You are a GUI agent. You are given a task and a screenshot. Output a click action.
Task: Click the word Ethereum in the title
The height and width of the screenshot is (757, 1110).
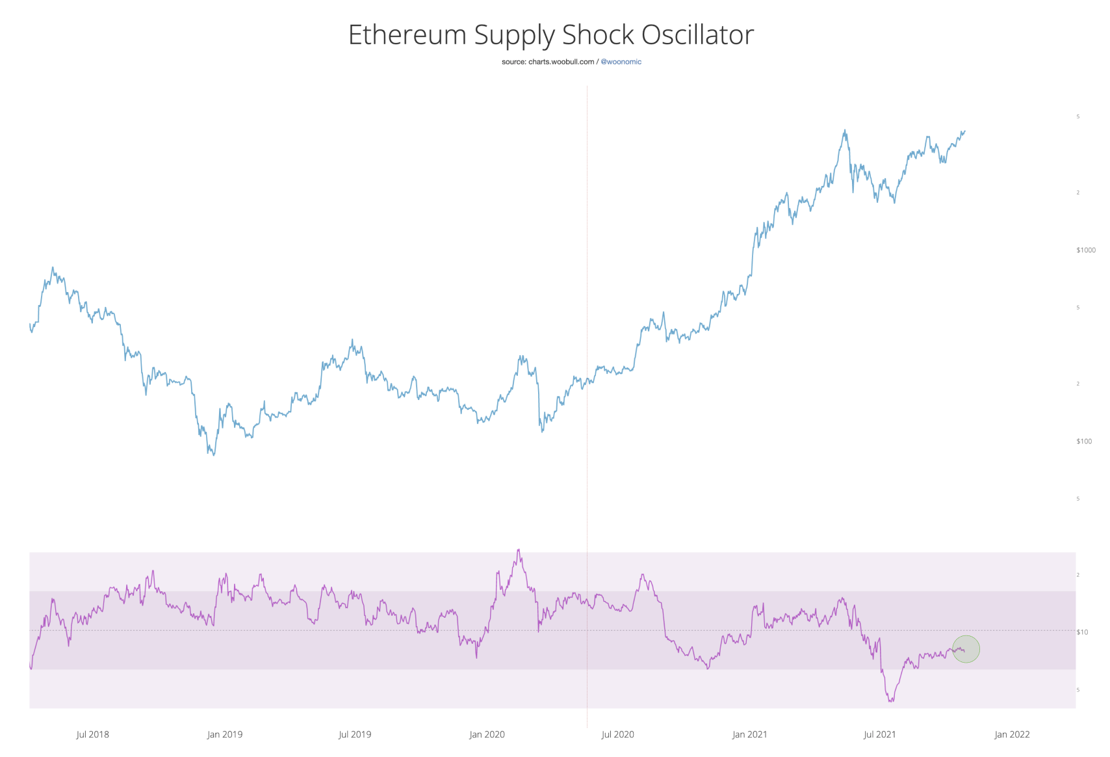coord(407,35)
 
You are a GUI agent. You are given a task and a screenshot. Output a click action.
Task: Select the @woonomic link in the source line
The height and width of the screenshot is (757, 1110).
coord(621,62)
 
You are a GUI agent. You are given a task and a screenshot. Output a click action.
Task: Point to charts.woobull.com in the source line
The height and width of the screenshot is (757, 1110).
coord(561,62)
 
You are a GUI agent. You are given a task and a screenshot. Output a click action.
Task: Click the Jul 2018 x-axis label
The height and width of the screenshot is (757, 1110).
coord(93,734)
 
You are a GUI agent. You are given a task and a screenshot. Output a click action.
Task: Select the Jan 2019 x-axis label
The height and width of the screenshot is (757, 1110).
coord(225,734)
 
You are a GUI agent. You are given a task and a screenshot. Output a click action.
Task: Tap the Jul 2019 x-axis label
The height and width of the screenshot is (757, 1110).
coord(355,734)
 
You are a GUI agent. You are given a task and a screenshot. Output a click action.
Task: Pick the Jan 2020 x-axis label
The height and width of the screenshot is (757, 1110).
coord(487,734)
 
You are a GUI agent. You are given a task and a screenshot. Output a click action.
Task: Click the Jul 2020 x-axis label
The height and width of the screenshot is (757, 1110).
coord(617,734)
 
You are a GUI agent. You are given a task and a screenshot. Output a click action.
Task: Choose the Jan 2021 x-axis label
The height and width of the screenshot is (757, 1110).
coord(749,734)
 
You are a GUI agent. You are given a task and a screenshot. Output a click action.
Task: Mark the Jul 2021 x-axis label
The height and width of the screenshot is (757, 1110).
coord(879,734)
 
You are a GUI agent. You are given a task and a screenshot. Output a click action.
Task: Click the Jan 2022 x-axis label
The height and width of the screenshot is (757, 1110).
coord(1012,734)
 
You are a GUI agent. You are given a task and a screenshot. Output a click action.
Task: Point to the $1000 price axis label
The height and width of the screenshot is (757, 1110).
coord(1085,250)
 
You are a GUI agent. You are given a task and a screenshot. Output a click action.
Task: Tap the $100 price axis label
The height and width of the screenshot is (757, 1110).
coord(1084,442)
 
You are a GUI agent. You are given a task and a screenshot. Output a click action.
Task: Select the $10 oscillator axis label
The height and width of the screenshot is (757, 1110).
coord(1082,632)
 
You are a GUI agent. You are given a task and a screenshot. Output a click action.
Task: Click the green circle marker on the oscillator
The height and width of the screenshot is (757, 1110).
coord(966,649)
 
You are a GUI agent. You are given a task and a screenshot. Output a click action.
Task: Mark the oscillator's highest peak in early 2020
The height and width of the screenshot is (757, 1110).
coord(518,550)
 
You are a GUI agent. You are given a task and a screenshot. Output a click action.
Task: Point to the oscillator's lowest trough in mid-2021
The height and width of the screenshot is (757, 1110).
coord(890,701)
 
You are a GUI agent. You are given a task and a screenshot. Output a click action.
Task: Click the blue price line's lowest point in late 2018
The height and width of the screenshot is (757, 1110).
coord(214,454)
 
